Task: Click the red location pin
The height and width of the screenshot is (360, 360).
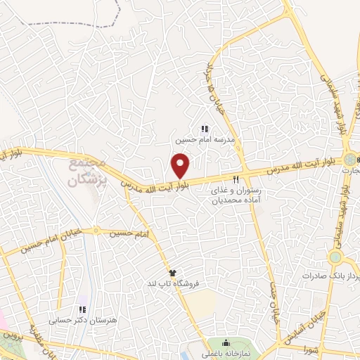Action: (181, 166)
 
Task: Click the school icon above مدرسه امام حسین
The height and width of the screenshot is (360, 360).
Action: (205, 129)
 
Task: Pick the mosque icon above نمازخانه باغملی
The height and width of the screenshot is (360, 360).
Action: (235, 344)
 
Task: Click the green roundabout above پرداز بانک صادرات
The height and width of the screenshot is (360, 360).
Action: (335, 257)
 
